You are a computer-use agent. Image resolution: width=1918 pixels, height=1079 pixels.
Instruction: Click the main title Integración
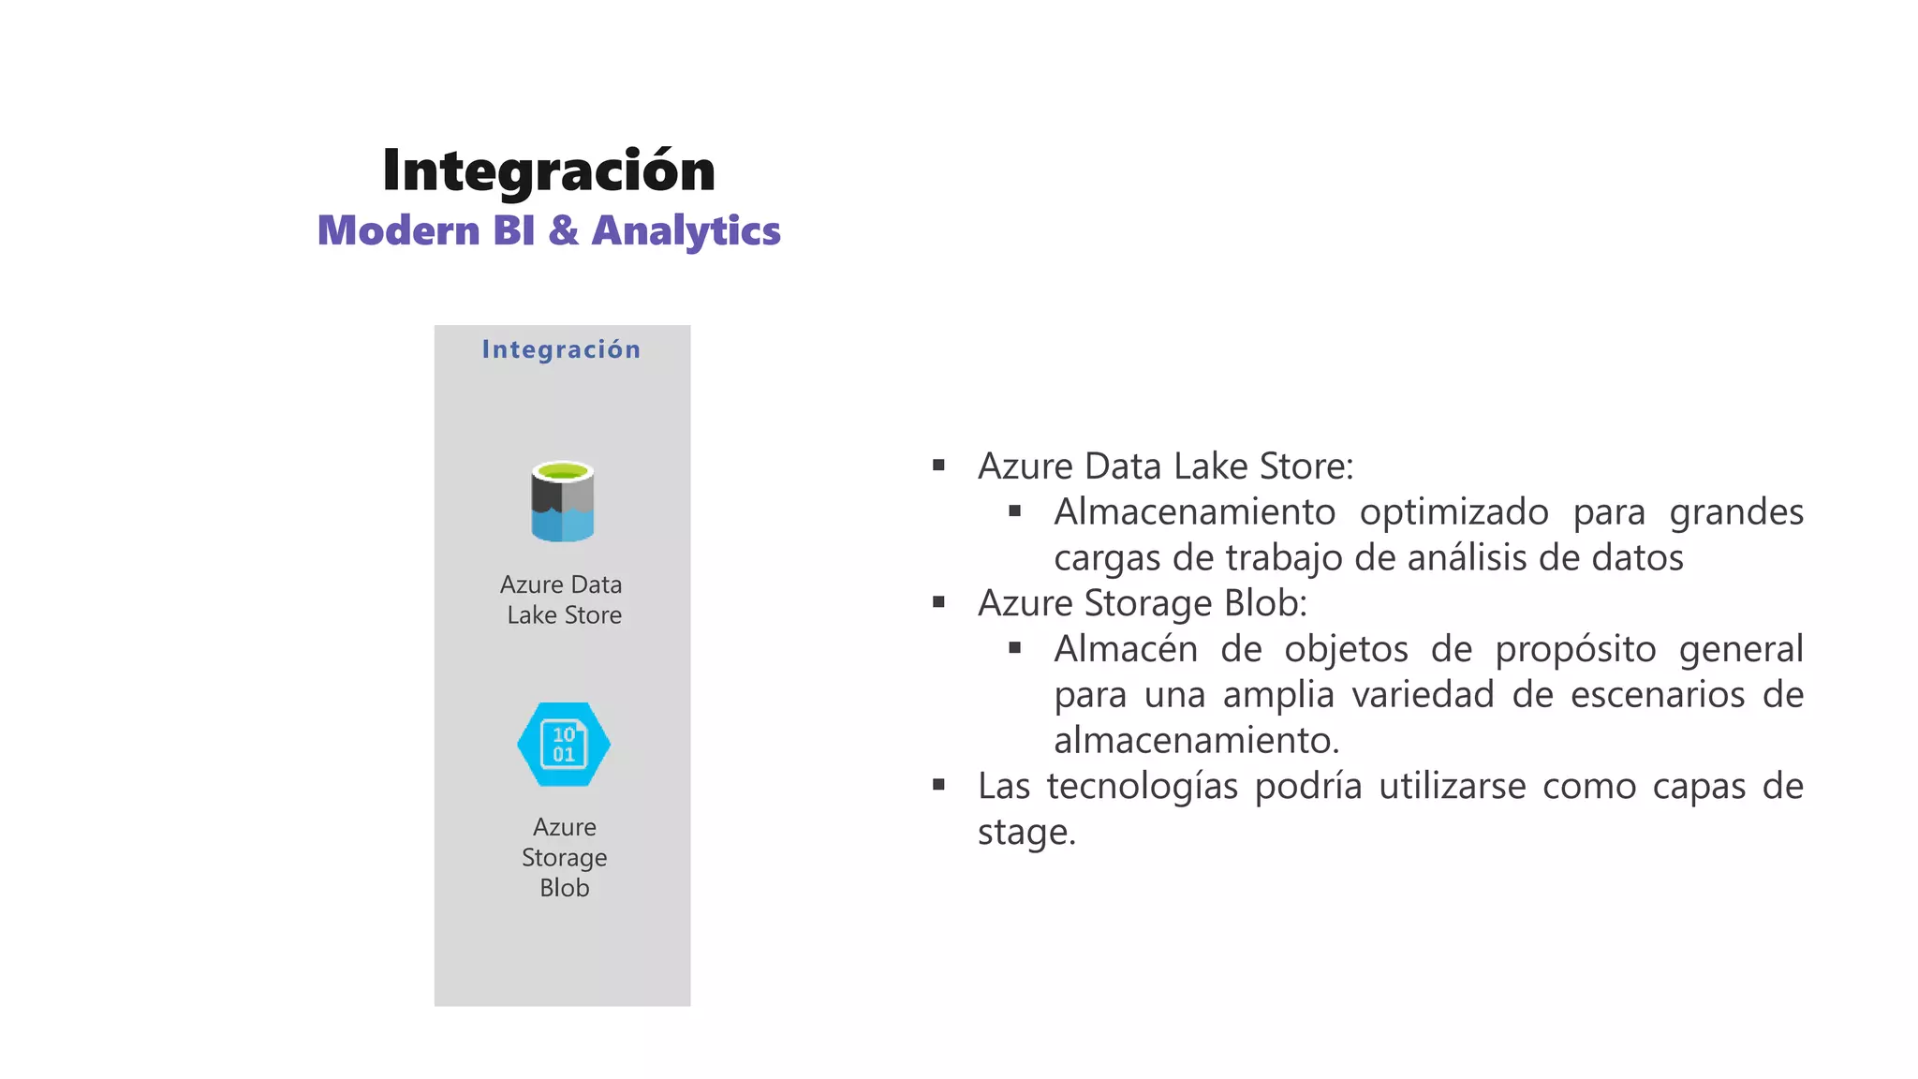tap(549, 171)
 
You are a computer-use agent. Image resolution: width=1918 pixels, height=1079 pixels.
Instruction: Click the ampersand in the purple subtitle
tap(563, 230)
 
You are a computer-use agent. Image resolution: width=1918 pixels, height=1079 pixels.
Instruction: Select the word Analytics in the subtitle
tap(686, 231)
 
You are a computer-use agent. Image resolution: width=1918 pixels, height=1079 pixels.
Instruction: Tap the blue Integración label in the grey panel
tap(561, 349)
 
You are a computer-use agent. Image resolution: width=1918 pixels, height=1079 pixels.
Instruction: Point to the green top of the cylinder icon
tap(562, 470)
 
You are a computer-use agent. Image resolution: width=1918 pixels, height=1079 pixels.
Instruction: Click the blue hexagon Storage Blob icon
tap(564, 745)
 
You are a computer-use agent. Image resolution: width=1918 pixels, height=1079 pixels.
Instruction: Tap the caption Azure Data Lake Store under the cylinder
tap(562, 599)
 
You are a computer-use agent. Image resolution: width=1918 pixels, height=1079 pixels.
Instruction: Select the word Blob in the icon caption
tap(564, 888)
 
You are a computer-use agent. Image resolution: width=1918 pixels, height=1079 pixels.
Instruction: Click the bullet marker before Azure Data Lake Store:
tap(938, 466)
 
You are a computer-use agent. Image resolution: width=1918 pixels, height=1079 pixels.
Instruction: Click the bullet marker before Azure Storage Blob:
tap(938, 602)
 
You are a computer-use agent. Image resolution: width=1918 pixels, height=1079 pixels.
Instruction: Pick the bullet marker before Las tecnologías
tap(938, 785)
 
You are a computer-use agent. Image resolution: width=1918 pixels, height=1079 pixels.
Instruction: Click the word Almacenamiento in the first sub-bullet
tap(1194, 512)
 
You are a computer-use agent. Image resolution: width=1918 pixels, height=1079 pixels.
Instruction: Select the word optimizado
tap(1453, 513)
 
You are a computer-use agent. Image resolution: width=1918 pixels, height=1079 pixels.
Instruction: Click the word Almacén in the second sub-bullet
tap(1125, 649)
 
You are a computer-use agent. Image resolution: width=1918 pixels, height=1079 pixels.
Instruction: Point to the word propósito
tap(1575, 650)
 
